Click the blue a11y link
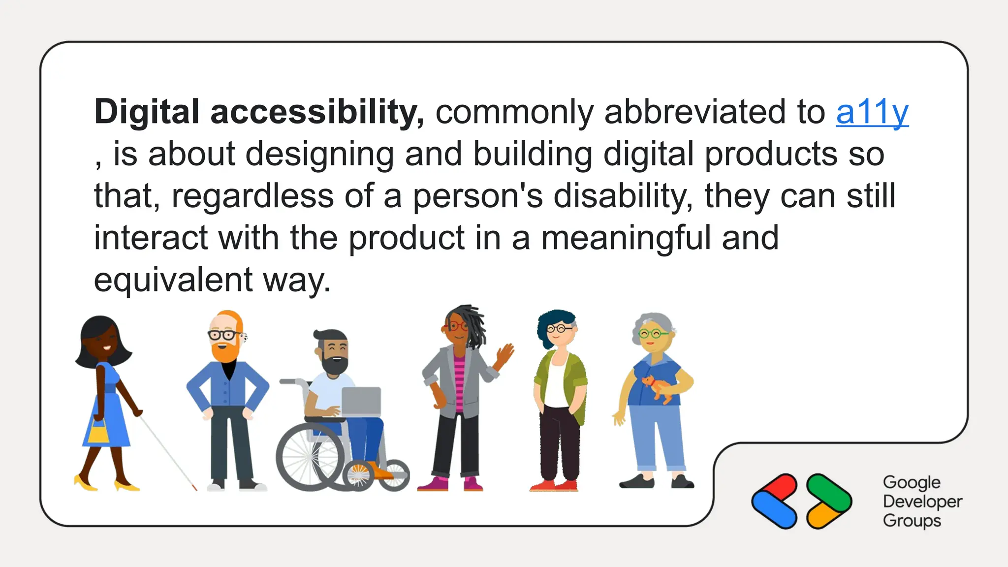pos(872,113)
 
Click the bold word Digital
pos(147,112)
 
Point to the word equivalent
pos(173,280)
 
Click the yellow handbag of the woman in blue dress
pos(98,434)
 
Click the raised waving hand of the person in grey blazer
pos(505,354)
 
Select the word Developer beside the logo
pos(922,502)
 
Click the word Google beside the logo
pos(912,482)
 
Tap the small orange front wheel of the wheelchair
pos(359,475)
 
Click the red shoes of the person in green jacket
pos(554,486)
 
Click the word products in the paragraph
pos(771,155)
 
